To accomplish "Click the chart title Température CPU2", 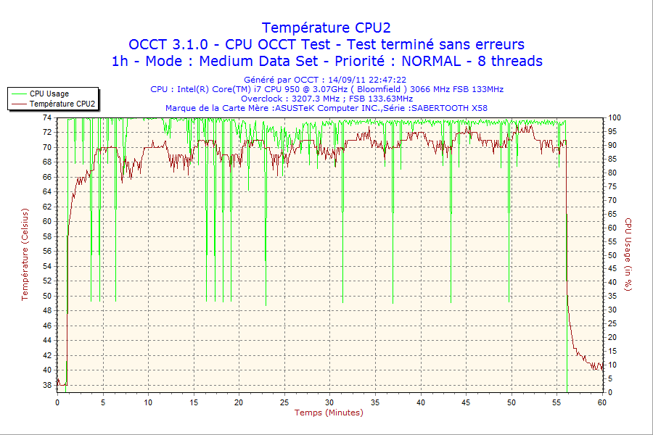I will [x=326, y=28].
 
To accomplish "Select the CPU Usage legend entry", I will [x=49, y=94].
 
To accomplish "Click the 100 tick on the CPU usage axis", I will [x=615, y=117].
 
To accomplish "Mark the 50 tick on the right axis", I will [x=612, y=255].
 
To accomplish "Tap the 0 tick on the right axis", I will [x=610, y=392].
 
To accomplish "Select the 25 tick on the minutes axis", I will [x=284, y=402].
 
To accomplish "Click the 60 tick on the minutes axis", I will [x=602, y=402].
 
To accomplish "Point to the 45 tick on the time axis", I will [x=466, y=402].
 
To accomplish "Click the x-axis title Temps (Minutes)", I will [x=329, y=413].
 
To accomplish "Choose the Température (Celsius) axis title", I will [x=25, y=254].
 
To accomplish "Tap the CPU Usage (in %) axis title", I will [x=628, y=254].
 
